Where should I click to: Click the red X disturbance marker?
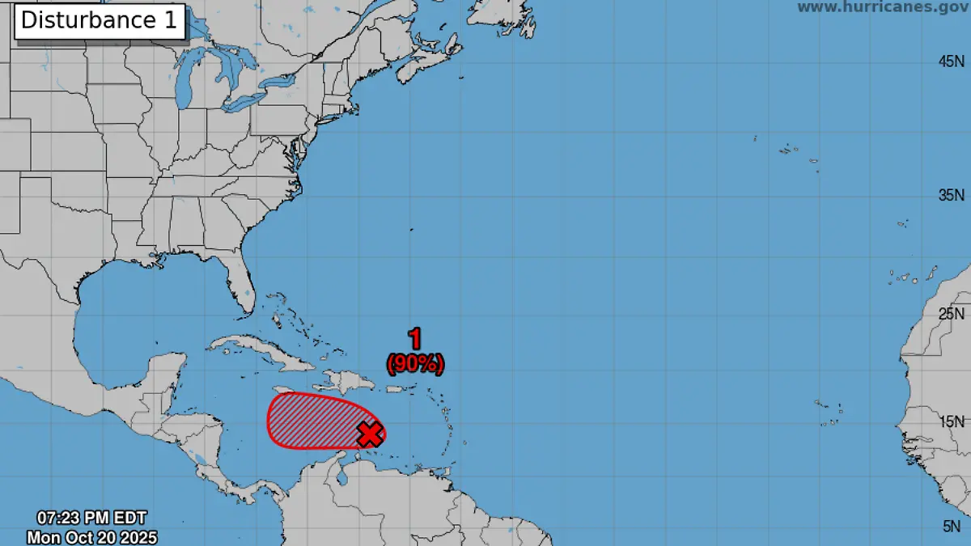tap(370, 434)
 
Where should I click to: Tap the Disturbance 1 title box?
tap(99, 21)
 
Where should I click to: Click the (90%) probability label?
tap(415, 365)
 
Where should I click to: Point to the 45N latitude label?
tap(951, 61)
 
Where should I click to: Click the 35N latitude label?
tap(951, 195)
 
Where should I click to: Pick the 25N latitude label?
tap(951, 313)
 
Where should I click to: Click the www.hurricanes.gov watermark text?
tap(883, 7)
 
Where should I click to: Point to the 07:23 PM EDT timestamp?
tap(91, 518)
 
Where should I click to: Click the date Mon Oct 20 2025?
tap(91, 536)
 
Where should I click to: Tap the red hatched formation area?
tap(312, 421)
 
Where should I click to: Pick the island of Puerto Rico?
tap(396, 390)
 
